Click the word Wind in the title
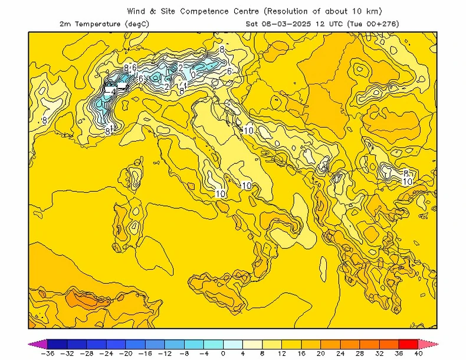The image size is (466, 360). click(137, 11)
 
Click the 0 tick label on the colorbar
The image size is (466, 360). click(223, 354)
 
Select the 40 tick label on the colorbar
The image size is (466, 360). click(419, 354)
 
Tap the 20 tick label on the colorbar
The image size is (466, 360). click(321, 354)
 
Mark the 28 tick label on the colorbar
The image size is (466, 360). click(360, 354)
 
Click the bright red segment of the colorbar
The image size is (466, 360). click(409, 343)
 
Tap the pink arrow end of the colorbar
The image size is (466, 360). click(429, 343)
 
